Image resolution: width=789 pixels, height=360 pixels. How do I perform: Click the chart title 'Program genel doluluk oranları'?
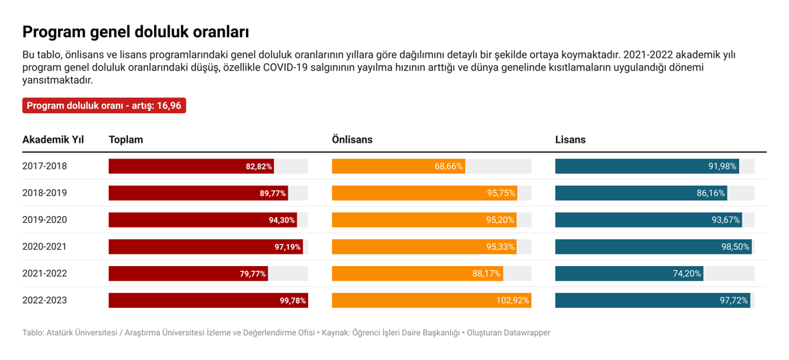point(136,32)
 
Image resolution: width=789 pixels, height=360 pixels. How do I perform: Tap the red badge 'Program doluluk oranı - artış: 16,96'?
point(104,106)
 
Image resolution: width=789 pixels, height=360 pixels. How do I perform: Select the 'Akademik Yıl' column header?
point(53,140)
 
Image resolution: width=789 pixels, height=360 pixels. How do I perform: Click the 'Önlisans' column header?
point(352,140)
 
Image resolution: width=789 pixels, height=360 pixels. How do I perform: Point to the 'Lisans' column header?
point(570,140)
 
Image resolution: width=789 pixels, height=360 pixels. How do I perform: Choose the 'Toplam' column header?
point(126,140)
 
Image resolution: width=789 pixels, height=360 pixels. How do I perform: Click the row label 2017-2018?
point(45,166)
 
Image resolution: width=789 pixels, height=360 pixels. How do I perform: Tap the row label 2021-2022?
point(45,274)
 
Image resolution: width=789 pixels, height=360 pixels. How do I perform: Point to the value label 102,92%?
point(512,300)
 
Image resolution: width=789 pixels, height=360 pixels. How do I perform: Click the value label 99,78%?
point(292,300)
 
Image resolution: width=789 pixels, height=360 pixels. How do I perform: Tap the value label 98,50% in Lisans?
point(735,247)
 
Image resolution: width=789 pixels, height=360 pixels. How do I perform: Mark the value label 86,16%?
point(710,193)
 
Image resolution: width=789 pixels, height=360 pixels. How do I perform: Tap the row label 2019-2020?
point(45,220)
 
